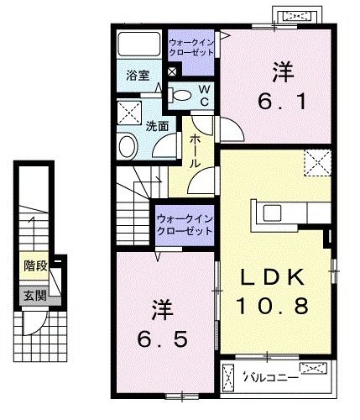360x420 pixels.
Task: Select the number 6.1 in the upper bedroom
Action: pyautogui.click(x=280, y=102)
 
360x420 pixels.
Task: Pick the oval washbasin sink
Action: pyautogui.click(x=128, y=146)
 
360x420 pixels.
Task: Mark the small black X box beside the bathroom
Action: pyautogui.click(x=172, y=72)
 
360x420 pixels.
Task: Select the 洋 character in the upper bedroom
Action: pyautogui.click(x=279, y=72)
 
